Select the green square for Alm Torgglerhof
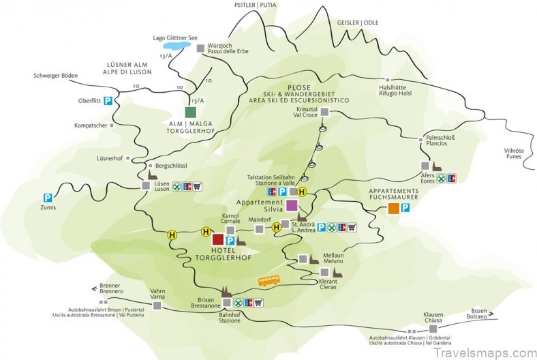[x=191, y=112]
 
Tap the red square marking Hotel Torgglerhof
[x=218, y=239]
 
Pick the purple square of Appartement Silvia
[x=292, y=205]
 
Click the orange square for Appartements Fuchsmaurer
[x=393, y=209]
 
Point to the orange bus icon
[x=268, y=281]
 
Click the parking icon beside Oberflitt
[x=108, y=101]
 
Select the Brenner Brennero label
[x=111, y=288]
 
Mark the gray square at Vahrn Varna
[x=157, y=306]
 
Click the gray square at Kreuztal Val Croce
[x=325, y=112]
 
